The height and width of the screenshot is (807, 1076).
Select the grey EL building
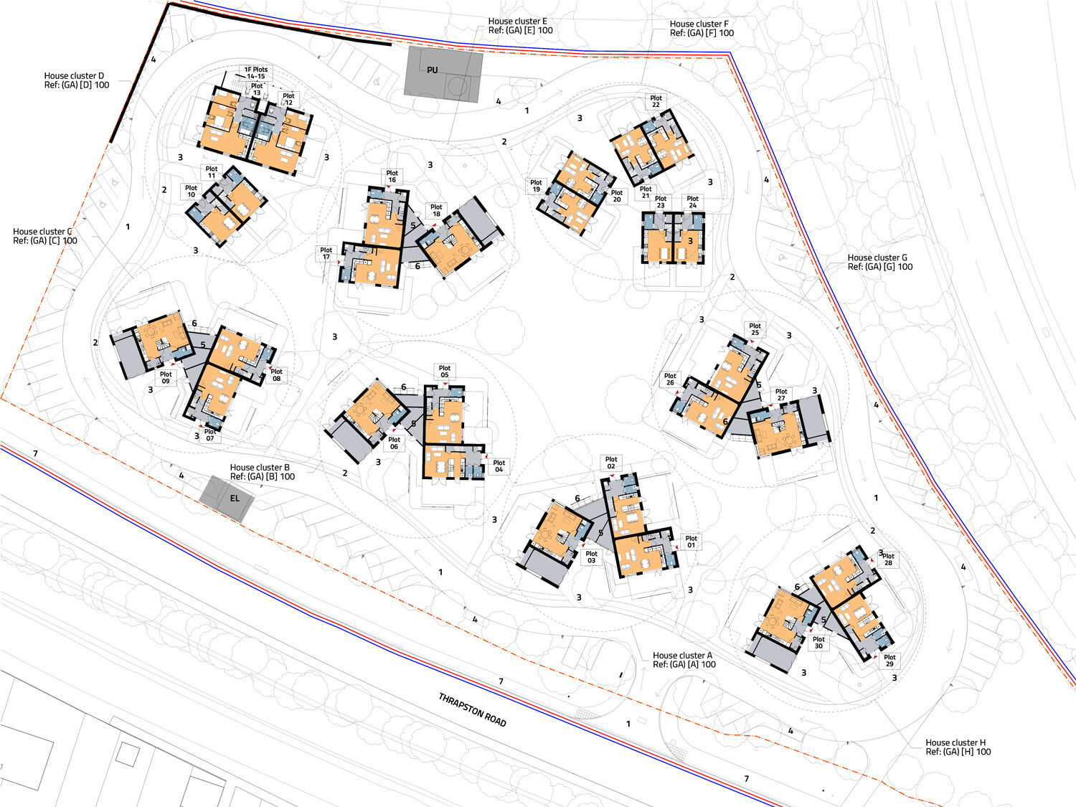click(227, 498)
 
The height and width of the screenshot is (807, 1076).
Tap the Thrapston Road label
click(473, 709)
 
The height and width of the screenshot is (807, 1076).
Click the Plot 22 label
click(656, 102)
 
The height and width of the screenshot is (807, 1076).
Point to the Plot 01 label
click(691, 542)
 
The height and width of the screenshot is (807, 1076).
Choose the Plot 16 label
click(392, 176)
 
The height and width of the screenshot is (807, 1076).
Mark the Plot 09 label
click(166, 378)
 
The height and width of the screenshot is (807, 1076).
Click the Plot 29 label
click(889, 661)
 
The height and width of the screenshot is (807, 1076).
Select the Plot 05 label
click(445, 372)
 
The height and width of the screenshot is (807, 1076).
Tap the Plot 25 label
click(755, 329)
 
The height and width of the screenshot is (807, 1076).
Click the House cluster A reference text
click(684, 660)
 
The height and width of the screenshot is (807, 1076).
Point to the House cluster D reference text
click(77, 80)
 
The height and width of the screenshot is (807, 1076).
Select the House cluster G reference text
click(880, 262)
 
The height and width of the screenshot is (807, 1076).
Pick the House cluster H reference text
click(958, 747)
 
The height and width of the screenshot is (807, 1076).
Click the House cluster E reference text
click(520, 26)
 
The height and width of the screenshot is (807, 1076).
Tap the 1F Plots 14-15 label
click(256, 72)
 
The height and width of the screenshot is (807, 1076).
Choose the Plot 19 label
click(536, 186)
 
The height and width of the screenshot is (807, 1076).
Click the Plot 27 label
click(781, 395)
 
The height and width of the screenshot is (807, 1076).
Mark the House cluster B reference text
click(262, 472)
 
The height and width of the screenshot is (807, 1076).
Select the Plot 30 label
click(818, 643)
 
